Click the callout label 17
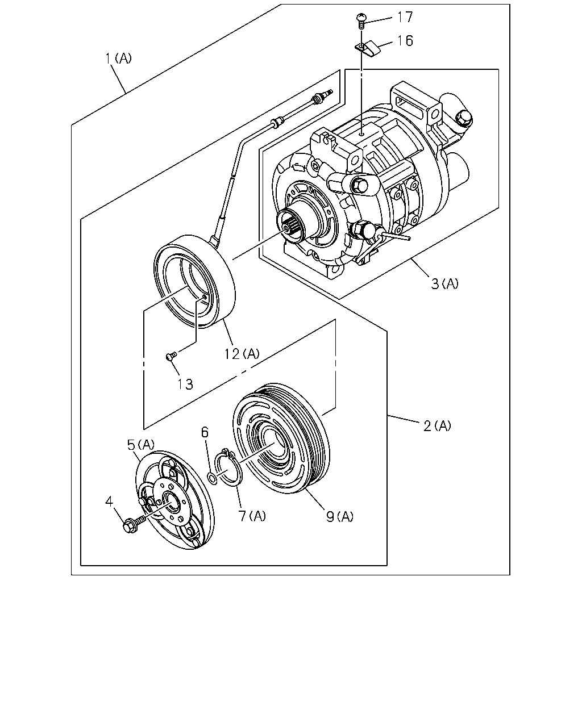pyautogui.click(x=405, y=17)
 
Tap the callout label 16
pyautogui.click(x=405, y=41)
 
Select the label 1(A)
pyautogui.click(x=118, y=59)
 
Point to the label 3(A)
pyautogui.click(x=444, y=283)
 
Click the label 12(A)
pyautogui.click(x=242, y=354)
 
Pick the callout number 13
pyautogui.click(x=185, y=384)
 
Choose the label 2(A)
pyautogui.click(x=437, y=425)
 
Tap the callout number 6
pyautogui.click(x=205, y=432)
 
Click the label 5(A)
pyautogui.click(x=141, y=445)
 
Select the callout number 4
pyautogui.click(x=109, y=502)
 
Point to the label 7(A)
pyautogui.click(x=252, y=516)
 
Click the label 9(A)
pyautogui.click(x=339, y=516)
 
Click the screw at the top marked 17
pyautogui.click(x=361, y=20)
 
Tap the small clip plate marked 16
pyautogui.click(x=368, y=48)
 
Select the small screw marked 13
pyautogui.click(x=172, y=356)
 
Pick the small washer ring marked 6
pyautogui.click(x=213, y=478)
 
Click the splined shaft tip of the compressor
pyautogui.click(x=288, y=228)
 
